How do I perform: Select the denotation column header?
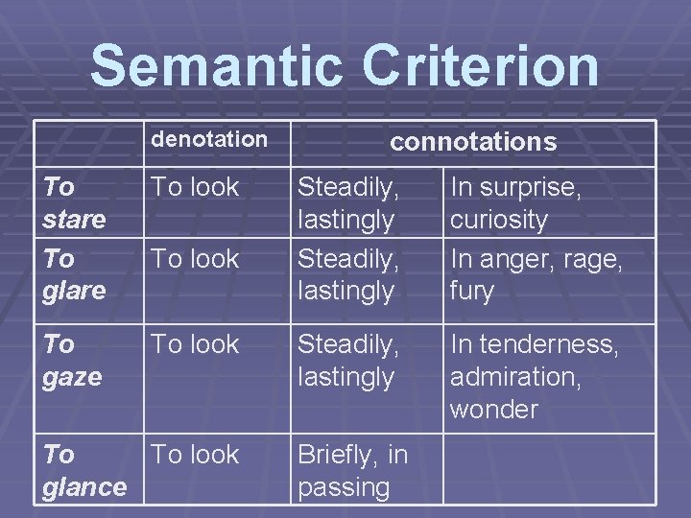[x=210, y=139]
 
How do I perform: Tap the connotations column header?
[x=472, y=142]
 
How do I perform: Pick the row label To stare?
[x=74, y=202]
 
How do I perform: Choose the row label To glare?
[x=74, y=273]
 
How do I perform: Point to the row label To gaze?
[x=72, y=360]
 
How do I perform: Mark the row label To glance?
[x=84, y=470]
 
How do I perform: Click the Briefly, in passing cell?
[x=353, y=470]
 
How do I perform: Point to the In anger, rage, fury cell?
[x=536, y=273]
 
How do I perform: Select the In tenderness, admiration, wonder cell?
[x=535, y=376]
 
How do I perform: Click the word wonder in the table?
[x=494, y=410]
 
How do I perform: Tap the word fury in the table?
[x=470, y=291]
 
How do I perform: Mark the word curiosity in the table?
[x=499, y=220]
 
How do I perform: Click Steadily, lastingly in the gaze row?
[x=346, y=360]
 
